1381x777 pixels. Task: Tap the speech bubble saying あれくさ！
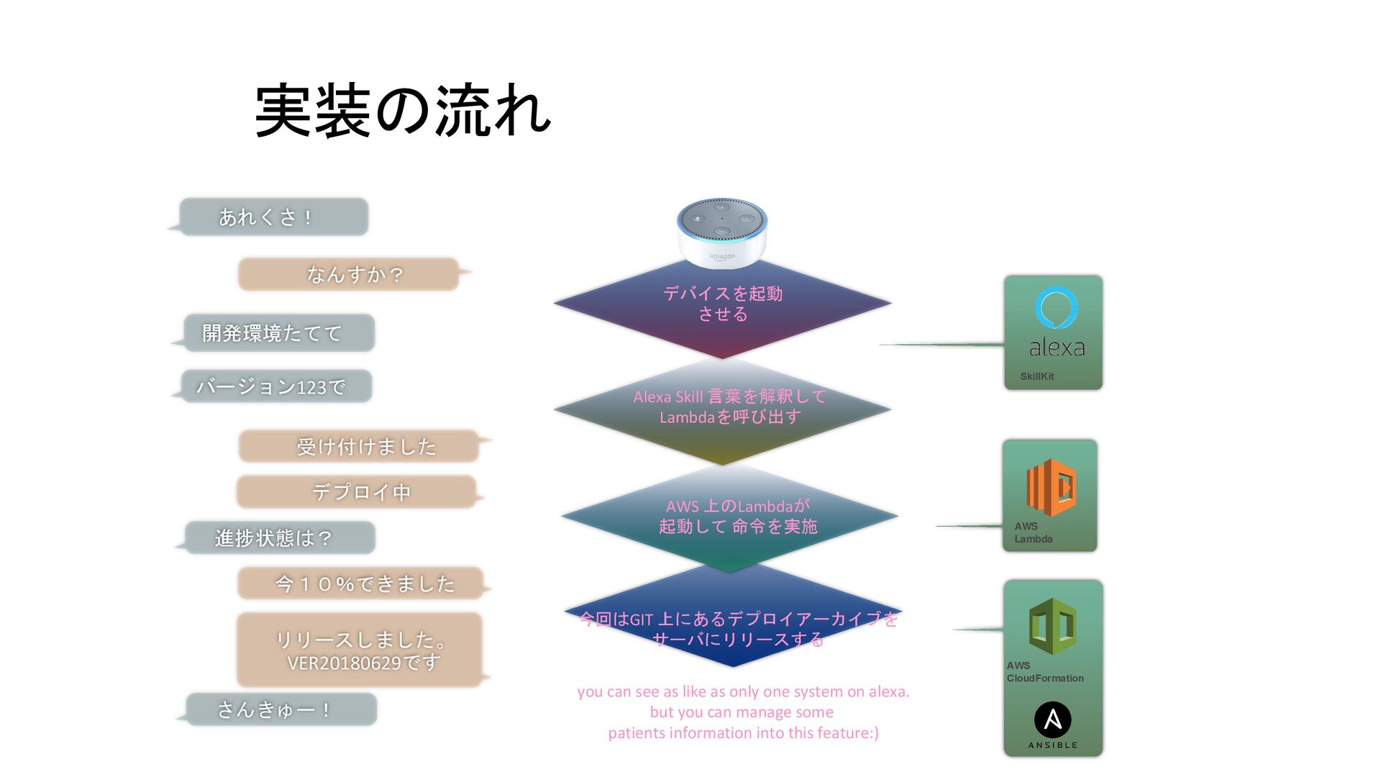[273, 217]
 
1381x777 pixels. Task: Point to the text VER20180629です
[364, 663]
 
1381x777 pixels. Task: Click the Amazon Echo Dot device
[721, 232]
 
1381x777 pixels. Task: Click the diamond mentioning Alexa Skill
[722, 408]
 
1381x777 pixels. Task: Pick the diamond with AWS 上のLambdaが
[729, 517]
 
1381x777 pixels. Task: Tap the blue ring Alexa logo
[1056, 308]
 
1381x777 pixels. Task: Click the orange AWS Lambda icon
[1051, 487]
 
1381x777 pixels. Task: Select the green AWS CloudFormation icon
[1052, 625]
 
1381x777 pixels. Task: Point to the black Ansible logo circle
[1052, 719]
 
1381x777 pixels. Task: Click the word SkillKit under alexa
[1036, 376]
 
